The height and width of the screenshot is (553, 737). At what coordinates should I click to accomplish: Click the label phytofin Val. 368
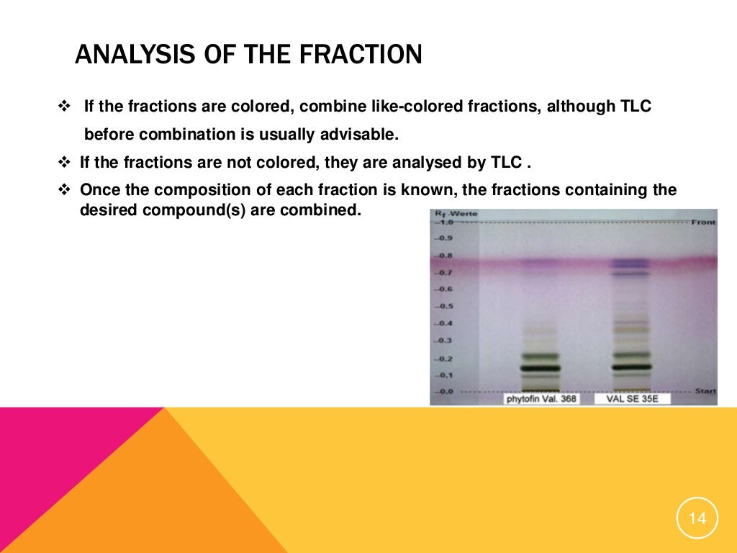click(x=541, y=398)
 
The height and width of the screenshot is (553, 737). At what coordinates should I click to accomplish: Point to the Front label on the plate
click(x=703, y=222)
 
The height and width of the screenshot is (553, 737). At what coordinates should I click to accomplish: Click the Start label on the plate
click(x=705, y=391)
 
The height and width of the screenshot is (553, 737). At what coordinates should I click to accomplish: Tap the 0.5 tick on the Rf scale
click(x=446, y=306)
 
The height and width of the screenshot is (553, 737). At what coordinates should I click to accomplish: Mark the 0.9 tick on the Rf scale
click(x=446, y=238)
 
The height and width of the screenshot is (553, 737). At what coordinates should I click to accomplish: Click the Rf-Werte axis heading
click(x=455, y=214)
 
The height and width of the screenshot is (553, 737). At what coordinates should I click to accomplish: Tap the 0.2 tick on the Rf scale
click(x=446, y=358)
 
